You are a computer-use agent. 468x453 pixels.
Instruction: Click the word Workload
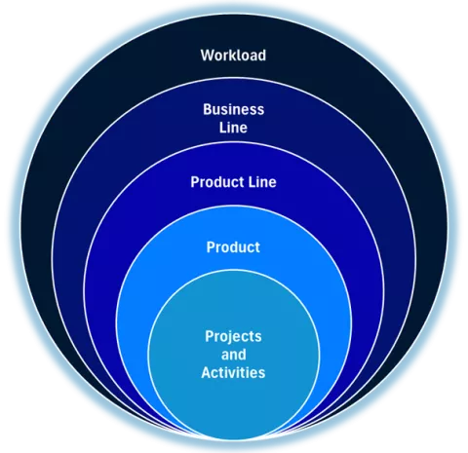(x=233, y=56)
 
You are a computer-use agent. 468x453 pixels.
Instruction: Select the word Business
(x=233, y=109)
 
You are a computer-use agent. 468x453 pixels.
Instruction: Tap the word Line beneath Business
(x=233, y=128)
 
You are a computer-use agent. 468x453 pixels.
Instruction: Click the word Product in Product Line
(x=217, y=182)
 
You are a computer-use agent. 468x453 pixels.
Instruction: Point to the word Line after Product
(x=262, y=182)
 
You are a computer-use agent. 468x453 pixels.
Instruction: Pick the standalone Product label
(x=233, y=247)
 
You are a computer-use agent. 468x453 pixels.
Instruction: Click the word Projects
(x=233, y=337)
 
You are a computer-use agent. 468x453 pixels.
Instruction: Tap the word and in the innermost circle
(x=233, y=355)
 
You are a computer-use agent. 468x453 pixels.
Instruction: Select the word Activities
(x=233, y=372)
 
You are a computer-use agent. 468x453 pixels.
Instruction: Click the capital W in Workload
(x=207, y=56)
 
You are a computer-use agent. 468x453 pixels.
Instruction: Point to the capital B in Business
(x=208, y=109)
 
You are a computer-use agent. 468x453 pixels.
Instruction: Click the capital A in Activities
(x=207, y=372)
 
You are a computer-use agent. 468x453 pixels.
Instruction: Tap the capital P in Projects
(x=210, y=336)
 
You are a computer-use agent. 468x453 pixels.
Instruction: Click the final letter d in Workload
(x=262, y=56)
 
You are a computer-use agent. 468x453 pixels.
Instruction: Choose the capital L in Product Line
(x=252, y=182)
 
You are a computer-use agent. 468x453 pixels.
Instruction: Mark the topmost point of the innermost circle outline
(x=234, y=271)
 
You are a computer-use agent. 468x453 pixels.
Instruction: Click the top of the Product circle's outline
(x=234, y=207)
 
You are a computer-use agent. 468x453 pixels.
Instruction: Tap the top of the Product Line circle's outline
(x=234, y=142)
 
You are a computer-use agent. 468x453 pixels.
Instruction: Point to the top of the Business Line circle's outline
(x=234, y=78)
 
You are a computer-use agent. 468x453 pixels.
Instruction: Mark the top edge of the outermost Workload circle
(x=234, y=15)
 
